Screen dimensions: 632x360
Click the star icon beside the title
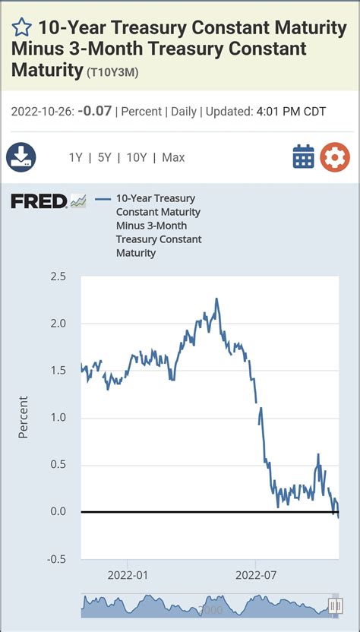(22, 29)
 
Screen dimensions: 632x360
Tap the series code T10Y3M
(112, 72)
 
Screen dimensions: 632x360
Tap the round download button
(21, 157)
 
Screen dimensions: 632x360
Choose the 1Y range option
(75, 158)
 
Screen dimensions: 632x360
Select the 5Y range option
(105, 158)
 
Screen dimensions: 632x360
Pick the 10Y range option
(137, 158)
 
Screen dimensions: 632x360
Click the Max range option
(173, 158)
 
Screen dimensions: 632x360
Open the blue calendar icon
(303, 157)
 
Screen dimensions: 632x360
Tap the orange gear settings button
(335, 157)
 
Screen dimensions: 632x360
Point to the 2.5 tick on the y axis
(59, 276)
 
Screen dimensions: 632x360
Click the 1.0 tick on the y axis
(59, 417)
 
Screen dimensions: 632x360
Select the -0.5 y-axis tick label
(57, 558)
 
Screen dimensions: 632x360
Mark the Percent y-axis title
(24, 417)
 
